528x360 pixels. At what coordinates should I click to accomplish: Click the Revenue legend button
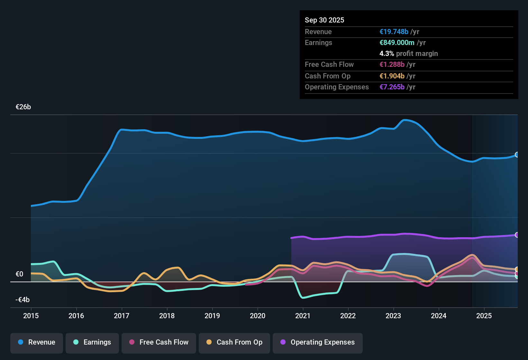point(37,342)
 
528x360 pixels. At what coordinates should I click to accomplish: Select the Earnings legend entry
point(92,342)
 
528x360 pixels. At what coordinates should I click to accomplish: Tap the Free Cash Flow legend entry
point(159,342)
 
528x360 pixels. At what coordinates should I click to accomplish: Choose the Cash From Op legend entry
point(234,342)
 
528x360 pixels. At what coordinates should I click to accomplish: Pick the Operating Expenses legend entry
point(318,342)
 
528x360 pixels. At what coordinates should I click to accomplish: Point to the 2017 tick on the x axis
point(122,316)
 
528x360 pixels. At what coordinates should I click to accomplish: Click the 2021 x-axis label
point(303,316)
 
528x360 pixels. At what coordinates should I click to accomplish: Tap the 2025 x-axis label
point(484,316)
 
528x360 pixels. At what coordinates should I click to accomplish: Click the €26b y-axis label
point(23,107)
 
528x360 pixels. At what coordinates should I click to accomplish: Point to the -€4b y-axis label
point(23,300)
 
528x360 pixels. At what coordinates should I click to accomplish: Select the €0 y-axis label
point(19,274)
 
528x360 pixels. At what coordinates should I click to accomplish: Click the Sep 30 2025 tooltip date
point(324,20)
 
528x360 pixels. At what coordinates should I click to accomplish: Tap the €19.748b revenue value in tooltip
point(394,32)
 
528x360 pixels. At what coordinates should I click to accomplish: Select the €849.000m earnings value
point(397,43)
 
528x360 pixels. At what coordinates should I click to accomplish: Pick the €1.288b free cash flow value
point(392,65)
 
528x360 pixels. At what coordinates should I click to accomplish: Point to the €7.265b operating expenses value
point(392,87)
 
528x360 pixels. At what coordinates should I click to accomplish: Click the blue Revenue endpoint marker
point(517,155)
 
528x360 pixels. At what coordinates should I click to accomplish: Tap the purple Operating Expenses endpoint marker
point(517,235)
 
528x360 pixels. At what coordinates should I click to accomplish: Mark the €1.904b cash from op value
point(392,76)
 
